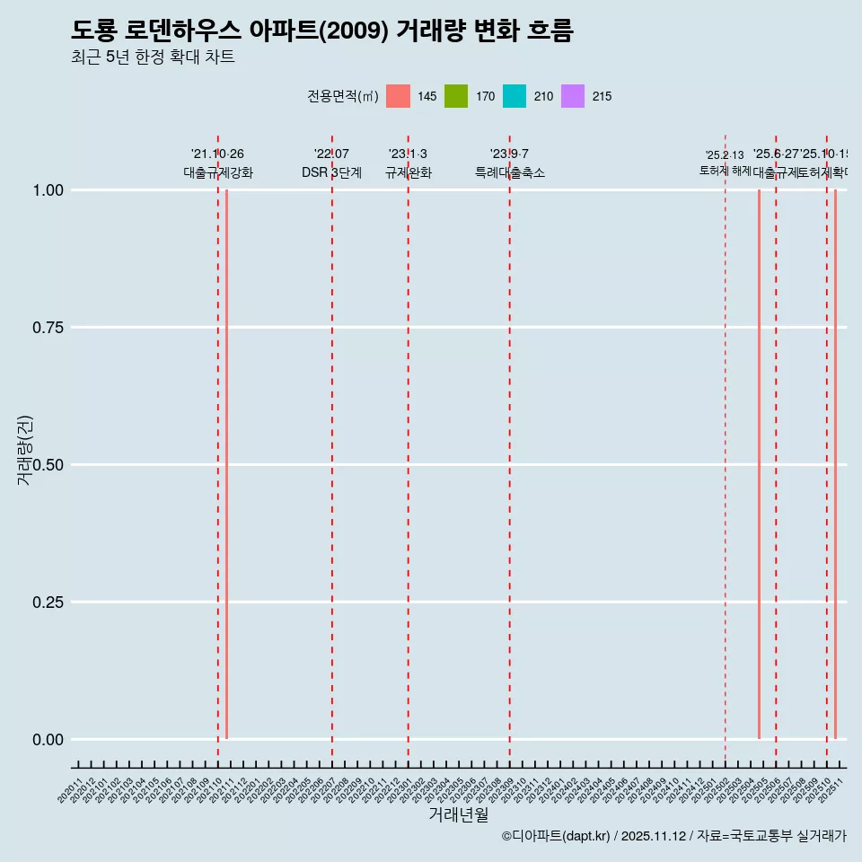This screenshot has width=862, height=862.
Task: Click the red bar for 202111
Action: click(226, 464)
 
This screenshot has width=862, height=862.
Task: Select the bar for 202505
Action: click(759, 464)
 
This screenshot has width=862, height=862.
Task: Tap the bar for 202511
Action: click(835, 464)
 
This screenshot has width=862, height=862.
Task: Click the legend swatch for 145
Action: click(398, 96)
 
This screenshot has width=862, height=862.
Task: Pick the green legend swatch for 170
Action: click(456, 96)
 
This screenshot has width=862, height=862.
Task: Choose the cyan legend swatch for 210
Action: click(515, 96)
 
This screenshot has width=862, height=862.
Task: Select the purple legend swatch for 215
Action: click(573, 96)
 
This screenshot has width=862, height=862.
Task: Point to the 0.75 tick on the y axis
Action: click(48, 328)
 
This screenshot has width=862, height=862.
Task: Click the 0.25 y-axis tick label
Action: click(48, 603)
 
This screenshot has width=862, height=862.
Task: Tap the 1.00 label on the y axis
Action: click(48, 190)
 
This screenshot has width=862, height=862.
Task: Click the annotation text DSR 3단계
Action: click(331, 173)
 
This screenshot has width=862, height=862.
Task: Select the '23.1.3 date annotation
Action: click(408, 154)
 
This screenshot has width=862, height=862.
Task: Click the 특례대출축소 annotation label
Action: click(510, 173)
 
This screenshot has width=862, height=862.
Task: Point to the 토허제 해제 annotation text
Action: click(725, 171)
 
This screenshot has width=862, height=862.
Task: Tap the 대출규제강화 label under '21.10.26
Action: click(218, 173)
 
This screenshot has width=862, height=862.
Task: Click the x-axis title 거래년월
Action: click(459, 814)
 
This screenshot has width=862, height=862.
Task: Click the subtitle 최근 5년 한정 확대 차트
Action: click(153, 57)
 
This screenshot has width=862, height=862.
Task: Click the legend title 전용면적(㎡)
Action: click(342, 96)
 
